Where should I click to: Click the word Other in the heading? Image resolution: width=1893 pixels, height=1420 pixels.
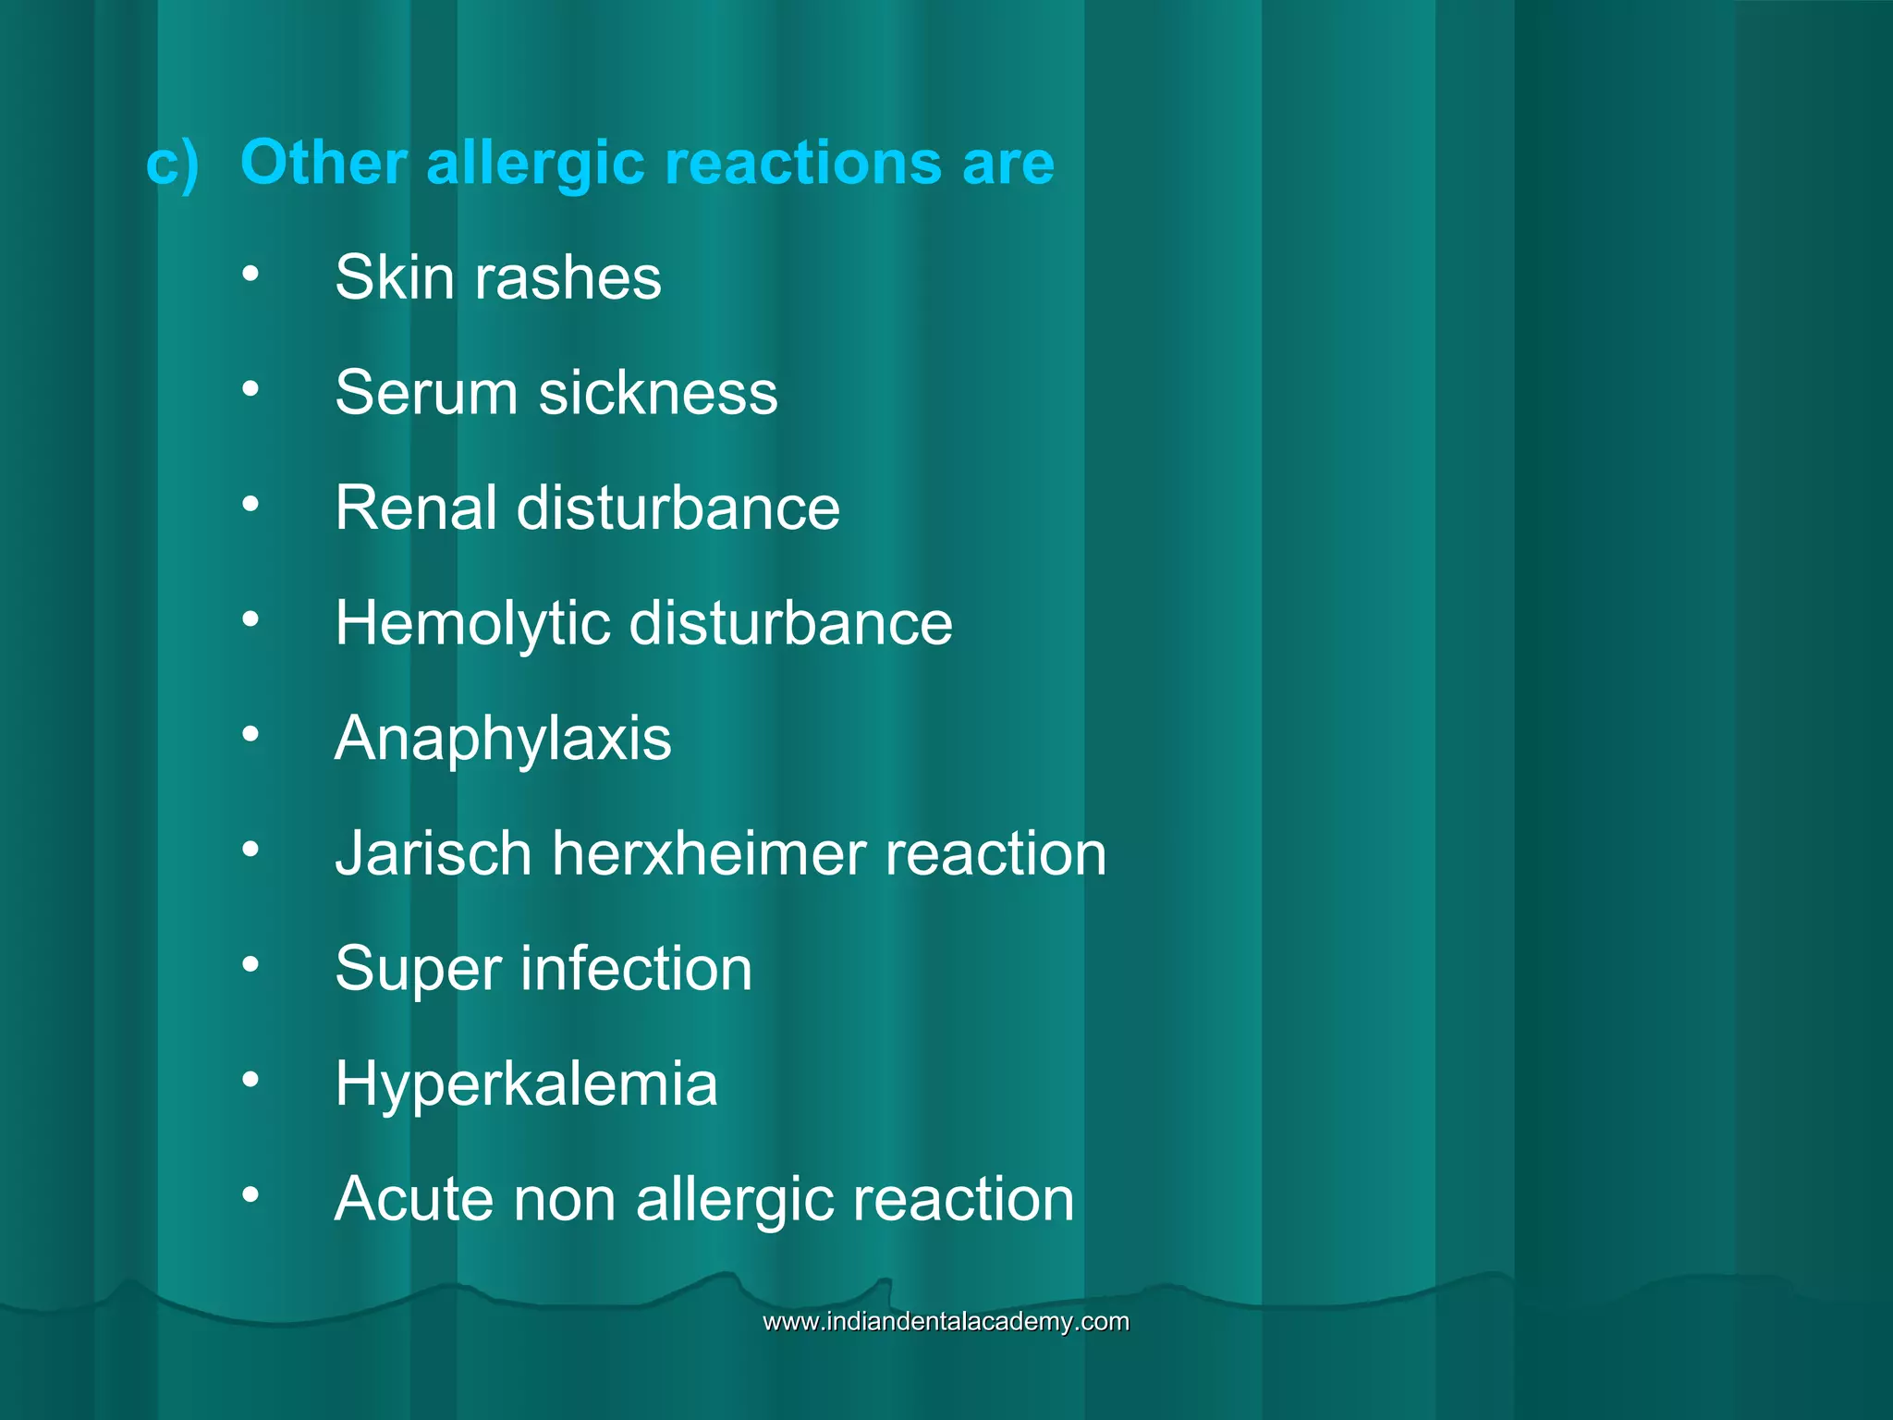pos(323,163)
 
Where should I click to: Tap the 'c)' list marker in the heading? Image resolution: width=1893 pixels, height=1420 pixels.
pos(172,165)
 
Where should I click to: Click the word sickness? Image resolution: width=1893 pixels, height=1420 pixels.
pos(658,393)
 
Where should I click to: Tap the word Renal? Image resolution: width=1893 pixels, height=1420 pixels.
pos(415,508)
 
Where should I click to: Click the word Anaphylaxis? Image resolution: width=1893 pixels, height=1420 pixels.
pos(503,740)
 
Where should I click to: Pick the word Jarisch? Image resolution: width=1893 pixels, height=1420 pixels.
pos(433,853)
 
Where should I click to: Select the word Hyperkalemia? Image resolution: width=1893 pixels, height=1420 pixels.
pos(526,1084)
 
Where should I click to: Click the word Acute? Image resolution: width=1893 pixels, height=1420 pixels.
pos(413,1199)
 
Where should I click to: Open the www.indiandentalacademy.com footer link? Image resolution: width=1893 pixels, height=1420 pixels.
pos(946,1321)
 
